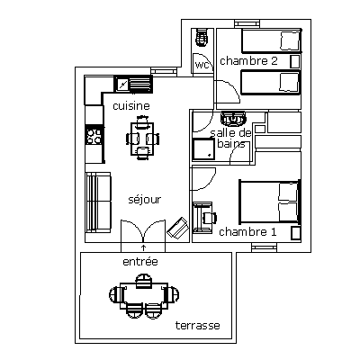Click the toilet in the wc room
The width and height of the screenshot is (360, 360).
[202, 37]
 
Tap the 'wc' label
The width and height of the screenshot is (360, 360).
[202, 65]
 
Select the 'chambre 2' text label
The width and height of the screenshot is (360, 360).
[248, 61]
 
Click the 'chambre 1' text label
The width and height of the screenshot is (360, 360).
[247, 232]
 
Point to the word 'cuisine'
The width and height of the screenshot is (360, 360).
[131, 106]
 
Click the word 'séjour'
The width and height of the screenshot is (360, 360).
[145, 200]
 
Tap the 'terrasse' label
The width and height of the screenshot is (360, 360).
[198, 326]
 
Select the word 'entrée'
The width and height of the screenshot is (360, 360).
[140, 262]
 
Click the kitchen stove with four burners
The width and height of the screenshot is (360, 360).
[94, 135]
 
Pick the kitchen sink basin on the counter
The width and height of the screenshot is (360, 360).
[122, 84]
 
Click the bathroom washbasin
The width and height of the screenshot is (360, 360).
[233, 118]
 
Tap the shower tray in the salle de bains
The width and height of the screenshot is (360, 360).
[203, 149]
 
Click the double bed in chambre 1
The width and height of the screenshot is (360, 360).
[269, 202]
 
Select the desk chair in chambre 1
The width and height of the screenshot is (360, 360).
[210, 218]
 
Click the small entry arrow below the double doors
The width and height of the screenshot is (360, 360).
[143, 247]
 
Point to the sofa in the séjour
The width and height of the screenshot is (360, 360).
[98, 202]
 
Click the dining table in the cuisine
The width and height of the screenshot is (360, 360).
[142, 139]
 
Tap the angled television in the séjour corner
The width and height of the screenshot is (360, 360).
[178, 228]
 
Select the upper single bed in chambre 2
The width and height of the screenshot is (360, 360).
[271, 40]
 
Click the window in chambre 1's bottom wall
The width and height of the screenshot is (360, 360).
[264, 247]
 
